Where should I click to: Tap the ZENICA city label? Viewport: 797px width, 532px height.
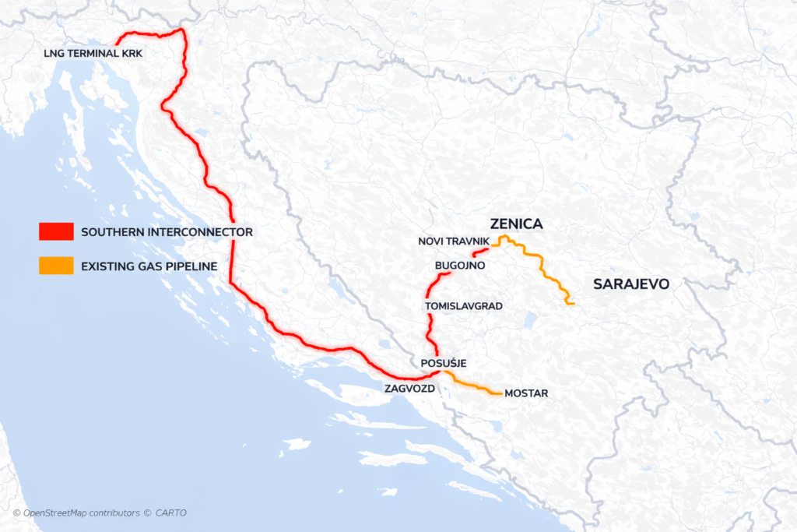516,224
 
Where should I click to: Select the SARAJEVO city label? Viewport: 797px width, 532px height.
631,284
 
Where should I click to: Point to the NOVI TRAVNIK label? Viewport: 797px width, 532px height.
453,242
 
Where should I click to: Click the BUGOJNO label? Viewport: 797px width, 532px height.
460,266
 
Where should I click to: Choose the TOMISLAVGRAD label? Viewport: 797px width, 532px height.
464,307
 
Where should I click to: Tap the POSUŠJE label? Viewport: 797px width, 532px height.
443,364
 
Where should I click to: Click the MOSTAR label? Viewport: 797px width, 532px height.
526,393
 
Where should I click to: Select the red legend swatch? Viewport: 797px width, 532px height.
56,232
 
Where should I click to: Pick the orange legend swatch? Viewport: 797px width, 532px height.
56,266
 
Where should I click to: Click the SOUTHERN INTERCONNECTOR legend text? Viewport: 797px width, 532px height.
167,232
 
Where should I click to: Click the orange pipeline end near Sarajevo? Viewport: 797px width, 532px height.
572,302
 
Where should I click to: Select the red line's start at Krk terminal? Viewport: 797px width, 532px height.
117,44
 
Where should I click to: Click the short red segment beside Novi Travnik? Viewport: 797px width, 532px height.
480,252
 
